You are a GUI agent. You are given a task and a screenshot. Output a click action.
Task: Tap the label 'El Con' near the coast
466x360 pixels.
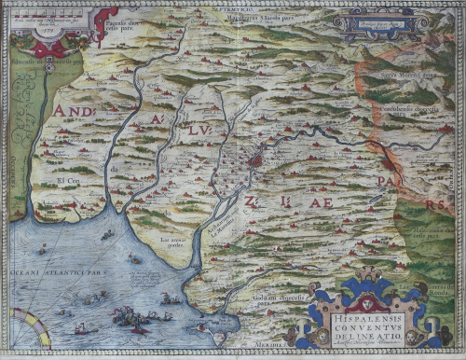(68, 180)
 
